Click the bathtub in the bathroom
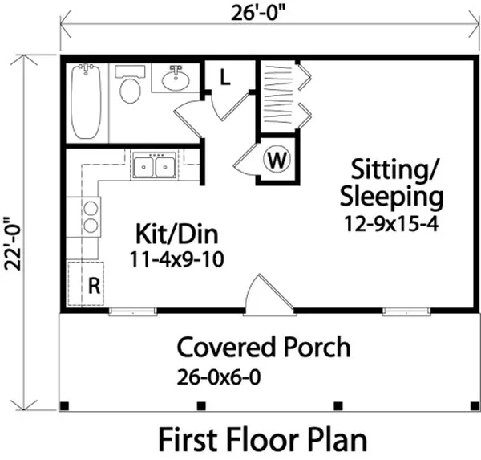(86, 102)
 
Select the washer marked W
(277, 160)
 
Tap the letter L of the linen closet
(226, 79)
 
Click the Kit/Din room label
(176, 236)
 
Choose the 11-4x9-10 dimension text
(176, 259)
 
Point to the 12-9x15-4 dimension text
(391, 222)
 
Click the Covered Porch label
(263, 348)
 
